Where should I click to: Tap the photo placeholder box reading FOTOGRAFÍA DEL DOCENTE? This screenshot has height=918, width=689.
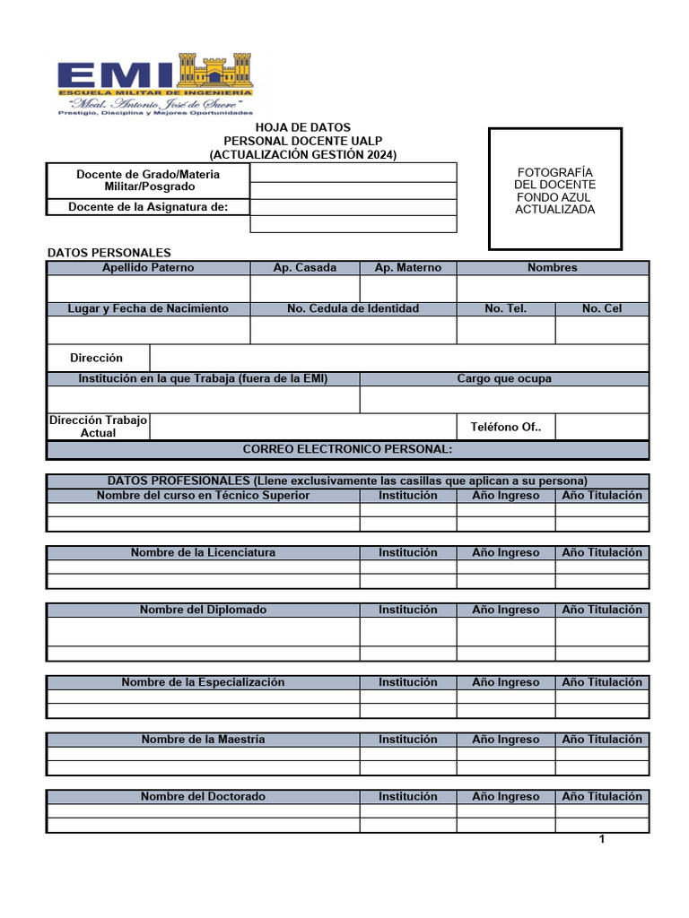(554, 189)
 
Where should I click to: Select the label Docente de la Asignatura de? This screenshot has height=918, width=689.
(148, 207)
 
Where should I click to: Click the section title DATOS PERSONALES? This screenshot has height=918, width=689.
(109, 253)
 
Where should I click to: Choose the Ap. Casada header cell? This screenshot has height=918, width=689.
(305, 268)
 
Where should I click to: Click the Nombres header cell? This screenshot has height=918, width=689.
(553, 268)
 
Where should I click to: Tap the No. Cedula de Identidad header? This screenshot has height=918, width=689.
(353, 308)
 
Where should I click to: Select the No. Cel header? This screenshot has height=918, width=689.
(601, 308)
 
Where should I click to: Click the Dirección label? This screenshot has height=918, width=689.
(97, 358)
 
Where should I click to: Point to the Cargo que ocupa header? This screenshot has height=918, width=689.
(504, 378)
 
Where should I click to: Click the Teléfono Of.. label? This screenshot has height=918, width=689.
(506, 427)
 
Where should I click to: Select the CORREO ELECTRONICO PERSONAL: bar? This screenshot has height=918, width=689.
(347, 449)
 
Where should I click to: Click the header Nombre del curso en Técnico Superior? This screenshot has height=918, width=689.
(203, 496)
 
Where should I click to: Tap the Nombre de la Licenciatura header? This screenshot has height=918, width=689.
(203, 552)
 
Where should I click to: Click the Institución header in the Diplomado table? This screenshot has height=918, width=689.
(407, 610)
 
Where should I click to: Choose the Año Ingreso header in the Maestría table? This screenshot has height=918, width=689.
(506, 740)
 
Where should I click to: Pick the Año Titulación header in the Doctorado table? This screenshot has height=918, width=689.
(602, 796)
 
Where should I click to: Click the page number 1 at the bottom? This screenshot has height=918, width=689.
(602, 840)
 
